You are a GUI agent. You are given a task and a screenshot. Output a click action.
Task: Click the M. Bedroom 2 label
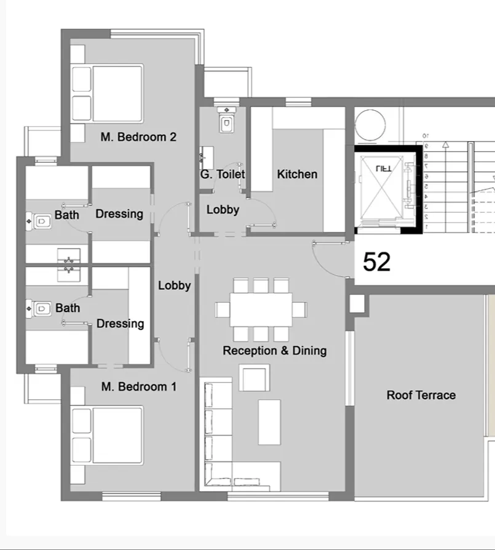(x=138, y=137)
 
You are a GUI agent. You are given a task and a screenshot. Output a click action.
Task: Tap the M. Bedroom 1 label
(x=138, y=387)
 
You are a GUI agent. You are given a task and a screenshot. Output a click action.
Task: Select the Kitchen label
(x=297, y=174)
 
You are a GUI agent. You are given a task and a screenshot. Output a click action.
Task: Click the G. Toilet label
(x=223, y=174)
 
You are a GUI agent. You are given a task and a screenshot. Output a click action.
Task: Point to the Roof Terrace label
(x=421, y=395)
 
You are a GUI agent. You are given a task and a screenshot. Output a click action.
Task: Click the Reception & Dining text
(x=274, y=351)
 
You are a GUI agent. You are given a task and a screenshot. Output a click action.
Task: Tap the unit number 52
(x=377, y=262)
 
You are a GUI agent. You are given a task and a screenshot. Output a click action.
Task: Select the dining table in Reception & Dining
(x=261, y=309)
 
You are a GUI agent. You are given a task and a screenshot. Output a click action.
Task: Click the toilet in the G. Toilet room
(x=226, y=122)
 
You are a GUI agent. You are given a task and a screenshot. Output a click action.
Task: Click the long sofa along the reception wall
(x=217, y=431)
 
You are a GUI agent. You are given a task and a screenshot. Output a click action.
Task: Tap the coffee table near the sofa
(x=269, y=421)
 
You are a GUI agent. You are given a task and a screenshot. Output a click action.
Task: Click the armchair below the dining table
(x=254, y=378)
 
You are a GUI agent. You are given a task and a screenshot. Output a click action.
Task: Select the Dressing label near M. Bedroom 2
(x=119, y=214)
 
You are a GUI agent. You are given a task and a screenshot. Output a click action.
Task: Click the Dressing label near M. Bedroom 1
(x=121, y=324)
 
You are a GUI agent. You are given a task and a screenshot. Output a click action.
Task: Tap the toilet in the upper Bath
(x=41, y=220)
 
